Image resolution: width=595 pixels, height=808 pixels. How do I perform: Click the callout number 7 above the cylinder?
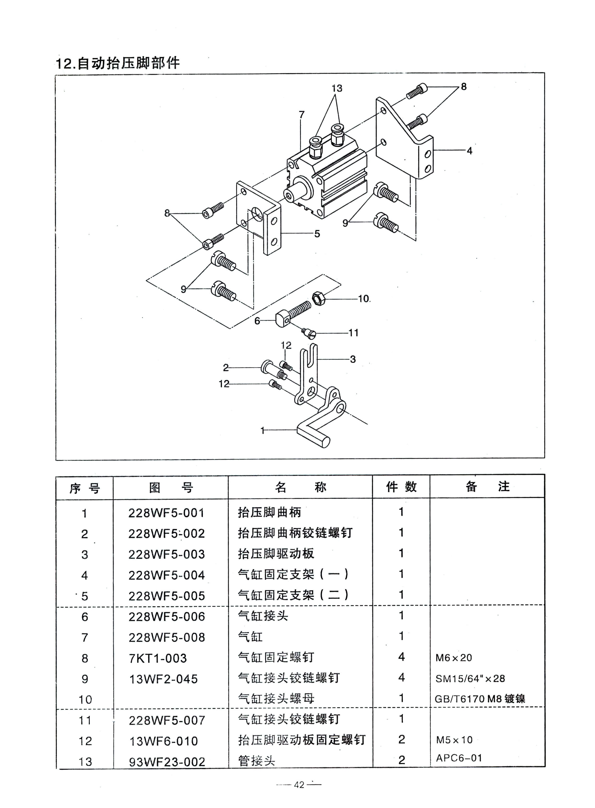(302, 115)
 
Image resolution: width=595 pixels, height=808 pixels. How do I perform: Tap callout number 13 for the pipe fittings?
(337, 88)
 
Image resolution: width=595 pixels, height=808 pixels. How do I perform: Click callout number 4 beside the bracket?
(469, 151)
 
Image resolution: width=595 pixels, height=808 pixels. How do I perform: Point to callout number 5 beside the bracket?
(317, 234)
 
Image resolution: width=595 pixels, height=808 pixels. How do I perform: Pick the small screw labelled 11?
(309, 333)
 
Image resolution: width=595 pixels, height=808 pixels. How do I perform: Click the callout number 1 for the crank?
(262, 430)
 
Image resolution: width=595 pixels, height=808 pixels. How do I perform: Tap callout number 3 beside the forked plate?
(353, 359)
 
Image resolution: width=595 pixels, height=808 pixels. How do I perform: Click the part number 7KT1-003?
(158, 658)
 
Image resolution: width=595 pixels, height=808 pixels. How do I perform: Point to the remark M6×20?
(453, 658)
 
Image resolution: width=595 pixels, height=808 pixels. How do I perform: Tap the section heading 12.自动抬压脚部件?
(117, 63)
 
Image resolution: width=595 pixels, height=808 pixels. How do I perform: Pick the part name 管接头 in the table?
(256, 761)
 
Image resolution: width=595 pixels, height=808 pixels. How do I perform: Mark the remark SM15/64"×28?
(470, 679)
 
